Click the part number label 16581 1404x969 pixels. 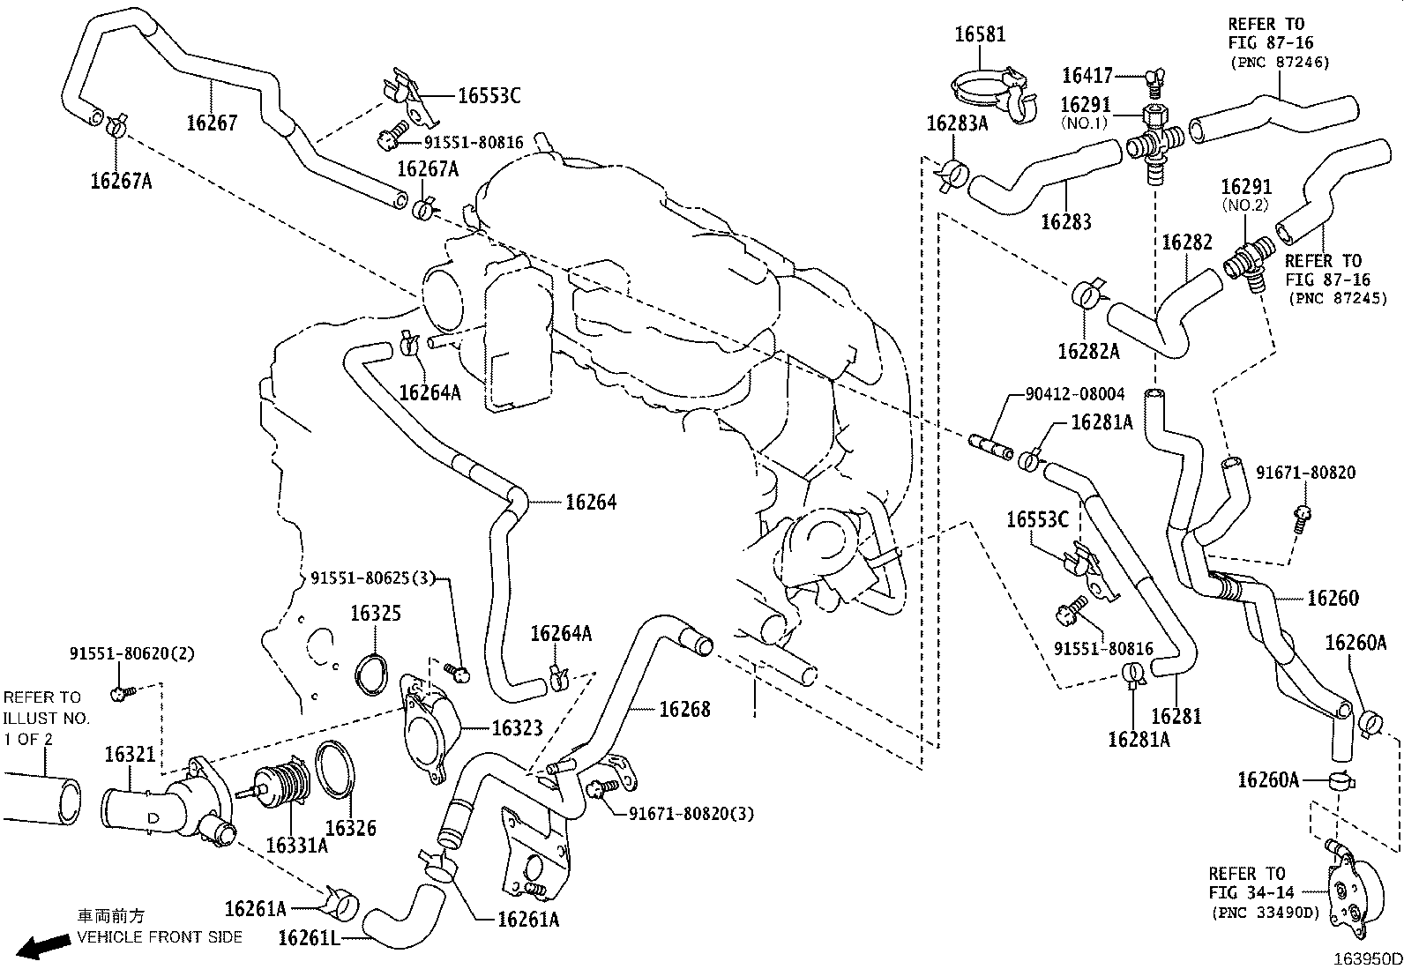[980, 34]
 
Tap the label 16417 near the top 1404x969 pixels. [1087, 77]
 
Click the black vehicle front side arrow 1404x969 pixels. [44, 945]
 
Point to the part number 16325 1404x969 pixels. [376, 613]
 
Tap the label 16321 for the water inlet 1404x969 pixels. [130, 754]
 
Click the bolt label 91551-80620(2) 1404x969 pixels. [132, 653]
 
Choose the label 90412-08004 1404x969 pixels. [1075, 394]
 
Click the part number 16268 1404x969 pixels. [684, 709]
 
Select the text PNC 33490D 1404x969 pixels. [1265, 913]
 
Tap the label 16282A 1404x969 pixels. [1088, 352]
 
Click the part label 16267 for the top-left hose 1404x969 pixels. [212, 123]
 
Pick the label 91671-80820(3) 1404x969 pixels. [691, 813]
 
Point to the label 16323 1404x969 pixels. [517, 727]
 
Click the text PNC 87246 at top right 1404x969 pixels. [1280, 62]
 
